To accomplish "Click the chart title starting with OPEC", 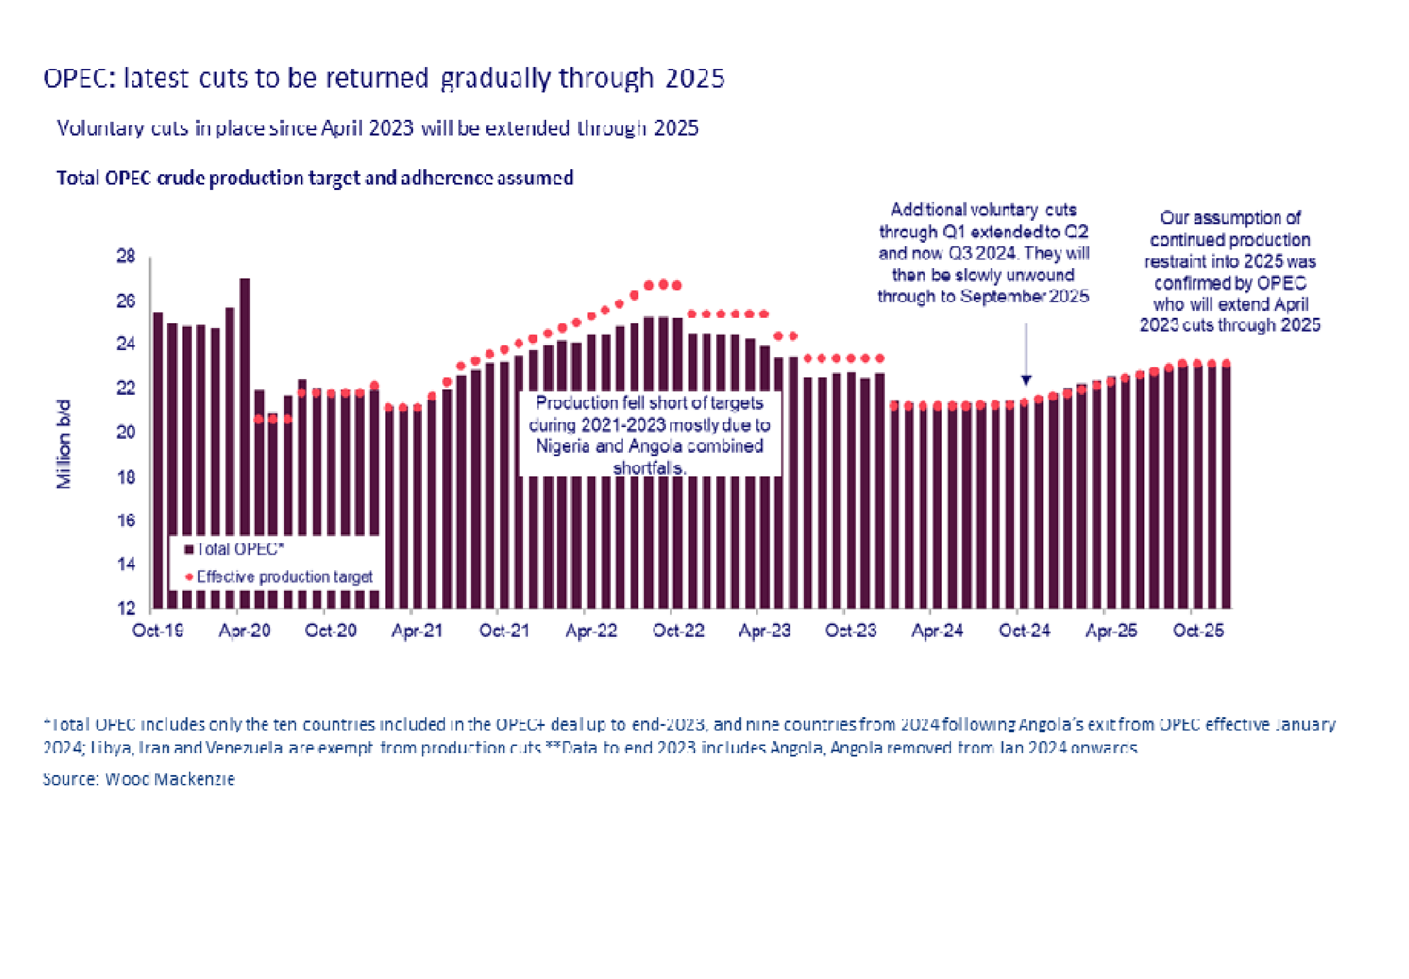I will [x=384, y=78].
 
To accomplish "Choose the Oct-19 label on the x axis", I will [x=158, y=631].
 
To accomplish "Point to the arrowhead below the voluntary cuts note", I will [x=1026, y=380].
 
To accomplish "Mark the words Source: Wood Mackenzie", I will [x=139, y=779].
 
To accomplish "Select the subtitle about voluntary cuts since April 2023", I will [x=377, y=128].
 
